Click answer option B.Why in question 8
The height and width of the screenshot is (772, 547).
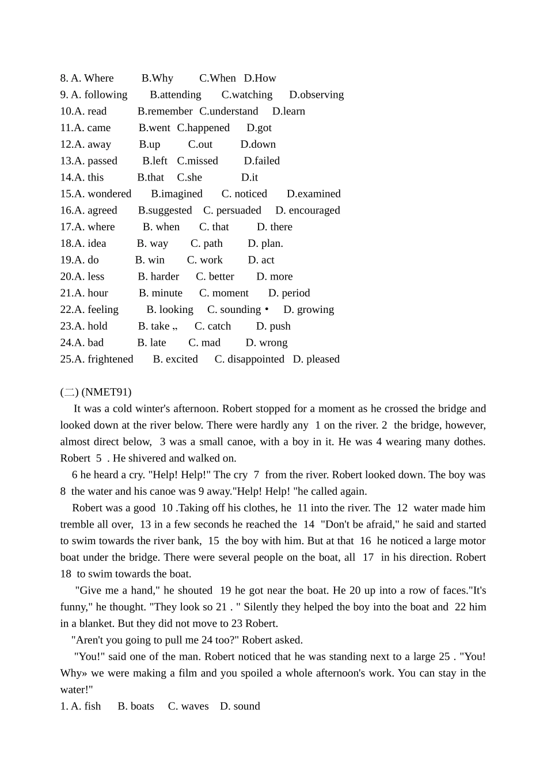tap(157, 78)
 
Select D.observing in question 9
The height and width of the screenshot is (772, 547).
tap(316, 95)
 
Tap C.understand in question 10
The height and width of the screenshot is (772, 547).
tap(229, 112)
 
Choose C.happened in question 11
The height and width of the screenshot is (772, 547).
tap(203, 128)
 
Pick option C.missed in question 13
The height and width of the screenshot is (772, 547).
tap(197, 161)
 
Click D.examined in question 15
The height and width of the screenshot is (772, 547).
tap(313, 194)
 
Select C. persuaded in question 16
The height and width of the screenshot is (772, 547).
tap(232, 211)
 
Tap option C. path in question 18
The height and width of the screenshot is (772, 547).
tap(206, 243)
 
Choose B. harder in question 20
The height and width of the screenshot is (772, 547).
tap(158, 277)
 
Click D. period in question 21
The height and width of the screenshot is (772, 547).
tap(289, 293)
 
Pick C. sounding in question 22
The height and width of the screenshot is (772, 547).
tap(234, 309)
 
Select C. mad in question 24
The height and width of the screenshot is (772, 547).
tap(204, 343)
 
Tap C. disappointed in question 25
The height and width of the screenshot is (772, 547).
tap(249, 360)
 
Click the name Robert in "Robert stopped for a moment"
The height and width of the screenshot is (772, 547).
tap(237, 409)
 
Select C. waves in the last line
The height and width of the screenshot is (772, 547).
tap(188, 706)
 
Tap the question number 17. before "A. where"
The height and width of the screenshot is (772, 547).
tap(66, 227)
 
